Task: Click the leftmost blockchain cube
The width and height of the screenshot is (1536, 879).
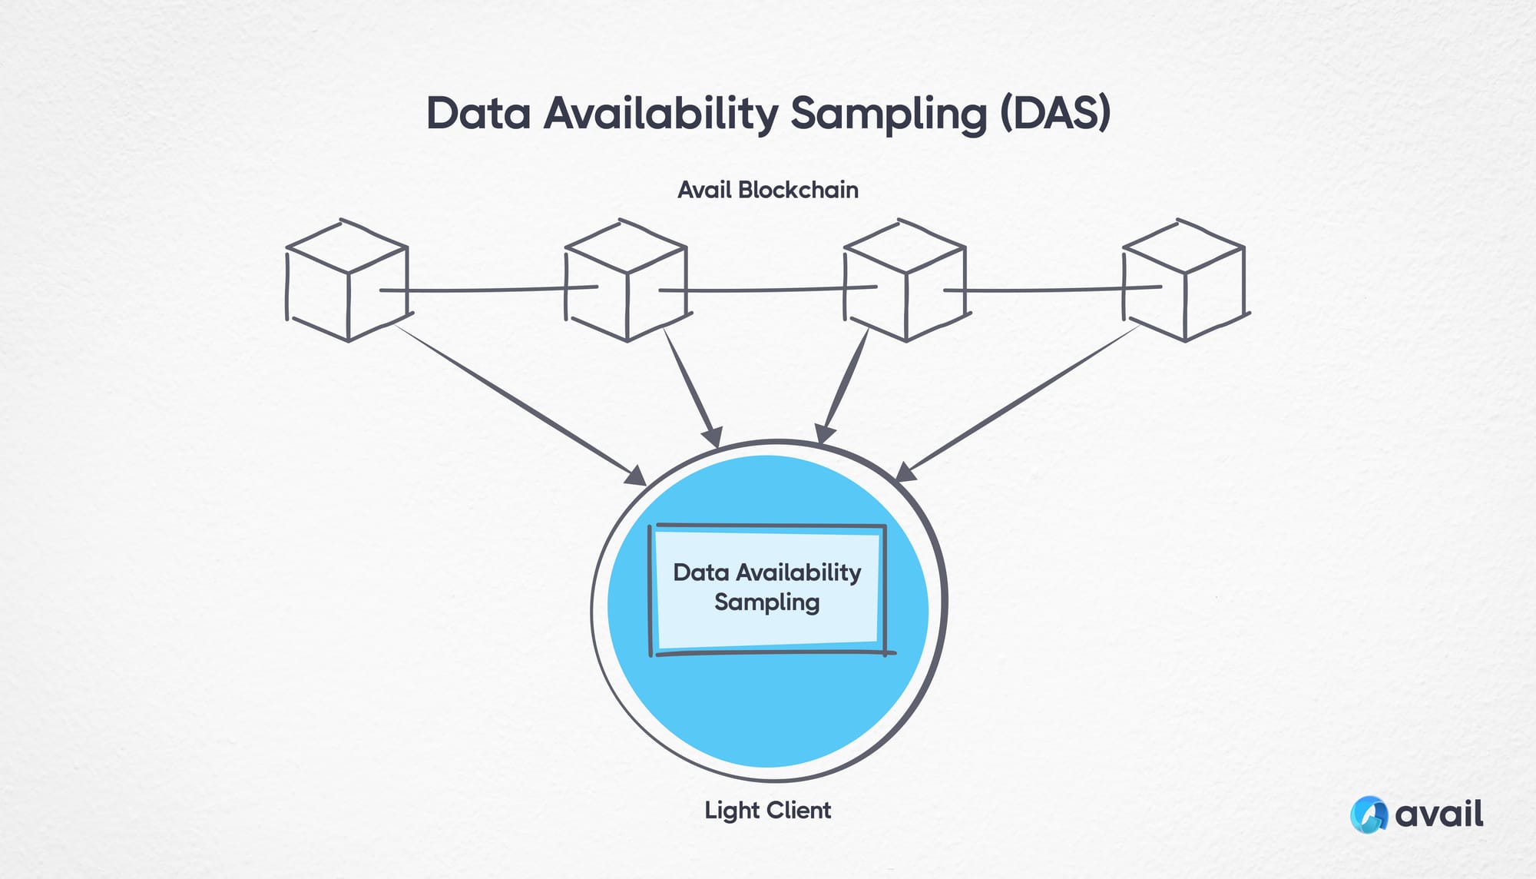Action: coord(347,280)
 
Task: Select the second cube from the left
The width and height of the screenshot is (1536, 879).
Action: coord(626,280)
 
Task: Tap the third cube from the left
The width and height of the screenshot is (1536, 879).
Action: coord(905,280)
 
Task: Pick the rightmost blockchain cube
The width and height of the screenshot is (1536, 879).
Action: coord(1183,280)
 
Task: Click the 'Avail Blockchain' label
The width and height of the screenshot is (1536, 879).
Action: coord(768,190)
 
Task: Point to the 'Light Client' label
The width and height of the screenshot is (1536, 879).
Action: coord(768,811)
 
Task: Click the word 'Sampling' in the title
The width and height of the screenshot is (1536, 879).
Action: coord(889,114)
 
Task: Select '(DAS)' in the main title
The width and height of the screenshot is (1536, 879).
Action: coord(1055,114)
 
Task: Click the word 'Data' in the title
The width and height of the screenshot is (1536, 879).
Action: coord(478,114)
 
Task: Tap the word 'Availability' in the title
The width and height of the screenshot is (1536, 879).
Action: coord(661,114)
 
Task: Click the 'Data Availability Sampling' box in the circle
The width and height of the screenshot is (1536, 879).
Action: coord(768,588)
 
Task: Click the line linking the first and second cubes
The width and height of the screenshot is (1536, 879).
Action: coord(488,290)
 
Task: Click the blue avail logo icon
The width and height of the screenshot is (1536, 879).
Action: coord(1369,814)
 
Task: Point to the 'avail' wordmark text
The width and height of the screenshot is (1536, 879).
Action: coord(1439,814)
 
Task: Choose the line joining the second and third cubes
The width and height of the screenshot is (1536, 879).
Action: coord(768,290)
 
